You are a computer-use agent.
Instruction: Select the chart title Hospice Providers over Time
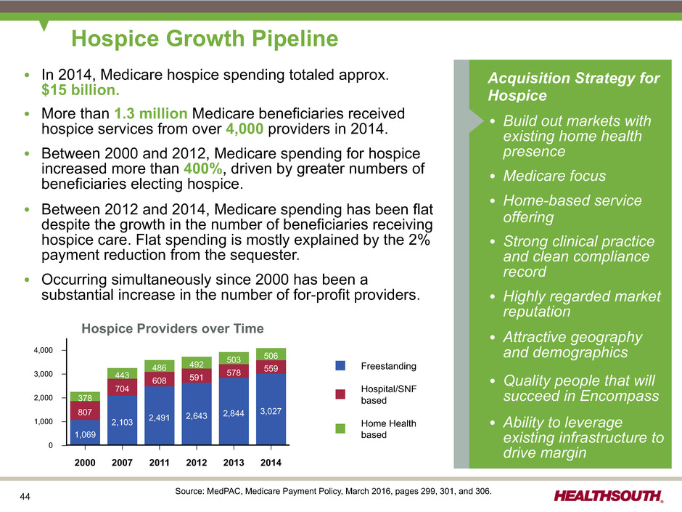[x=172, y=329]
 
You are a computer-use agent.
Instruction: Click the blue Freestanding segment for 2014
[x=271, y=410]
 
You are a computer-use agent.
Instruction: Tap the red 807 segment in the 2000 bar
[x=85, y=410]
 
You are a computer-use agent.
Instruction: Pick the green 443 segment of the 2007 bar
[x=122, y=374]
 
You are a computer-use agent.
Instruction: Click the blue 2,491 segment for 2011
[x=160, y=416]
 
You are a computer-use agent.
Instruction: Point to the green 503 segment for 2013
[x=234, y=358]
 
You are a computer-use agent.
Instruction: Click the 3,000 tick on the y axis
[x=45, y=374]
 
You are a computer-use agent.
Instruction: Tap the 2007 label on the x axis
[x=122, y=463]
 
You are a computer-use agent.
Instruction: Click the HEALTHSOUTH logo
[x=608, y=496]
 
